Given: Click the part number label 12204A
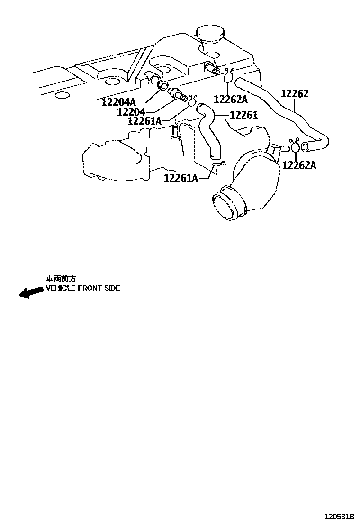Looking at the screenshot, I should tap(119, 101).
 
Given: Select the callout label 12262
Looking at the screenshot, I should tap(294, 94).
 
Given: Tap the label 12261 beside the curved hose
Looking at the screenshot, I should tap(244, 115).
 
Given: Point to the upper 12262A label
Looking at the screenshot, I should tap(231, 99).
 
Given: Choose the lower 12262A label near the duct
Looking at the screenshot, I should tap(299, 165).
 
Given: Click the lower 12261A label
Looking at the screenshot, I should tap(181, 178).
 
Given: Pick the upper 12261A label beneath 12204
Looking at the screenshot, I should tap(144, 121).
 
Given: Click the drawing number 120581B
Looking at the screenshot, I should tap(339, 516).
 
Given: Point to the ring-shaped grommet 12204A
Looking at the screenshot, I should tap(162, 86).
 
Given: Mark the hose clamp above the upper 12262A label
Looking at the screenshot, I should tap(228, 75).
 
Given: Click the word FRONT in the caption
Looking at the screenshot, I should tap(88, 288).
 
